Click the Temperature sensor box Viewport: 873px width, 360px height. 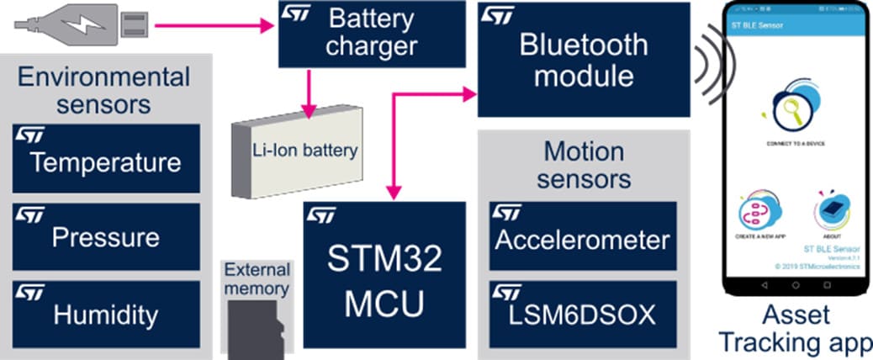tap(106, 159)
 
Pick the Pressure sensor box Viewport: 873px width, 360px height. tap(106, 236)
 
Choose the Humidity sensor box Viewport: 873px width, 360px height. tap(106, 314)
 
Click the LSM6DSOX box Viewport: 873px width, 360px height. tap(582, 314)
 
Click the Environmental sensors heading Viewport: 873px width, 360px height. tap(104, 91)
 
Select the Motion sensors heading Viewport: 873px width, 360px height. tap(584, 165)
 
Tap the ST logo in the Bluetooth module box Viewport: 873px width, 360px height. tap(496, 15)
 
